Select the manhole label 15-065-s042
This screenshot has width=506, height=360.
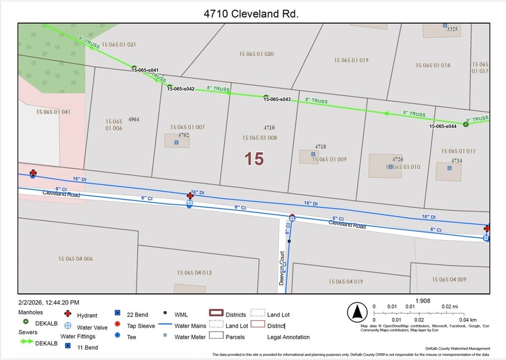pos(180,89)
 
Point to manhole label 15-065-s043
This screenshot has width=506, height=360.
pos(277,99)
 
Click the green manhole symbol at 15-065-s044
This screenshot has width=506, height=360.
pos(466,124)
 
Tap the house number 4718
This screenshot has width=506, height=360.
pos(321,147)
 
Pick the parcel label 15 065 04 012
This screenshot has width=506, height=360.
pos(195,272)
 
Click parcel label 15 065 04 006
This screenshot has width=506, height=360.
pos(75,259)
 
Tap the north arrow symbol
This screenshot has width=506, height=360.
pos(355,312)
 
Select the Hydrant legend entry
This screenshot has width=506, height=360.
pos(87,315)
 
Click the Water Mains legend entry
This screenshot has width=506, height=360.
pos(190,326)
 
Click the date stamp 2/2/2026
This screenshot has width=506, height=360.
pos(48,302)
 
